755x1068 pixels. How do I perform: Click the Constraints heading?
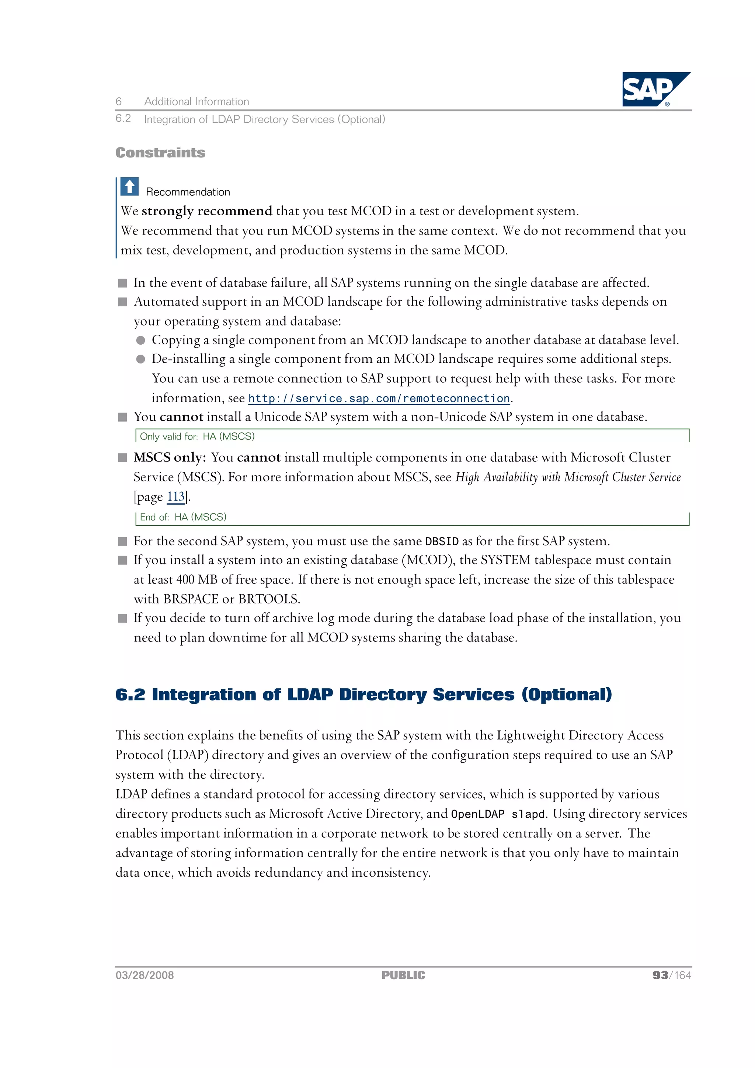point(160,153)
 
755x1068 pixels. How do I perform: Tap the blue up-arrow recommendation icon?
point(129,187)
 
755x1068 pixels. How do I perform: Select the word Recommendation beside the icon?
point(188,192)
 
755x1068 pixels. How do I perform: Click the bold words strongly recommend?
point(206,211)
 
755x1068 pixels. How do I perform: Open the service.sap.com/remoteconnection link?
point(379,399)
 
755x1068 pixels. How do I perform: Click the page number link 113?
point(176,497)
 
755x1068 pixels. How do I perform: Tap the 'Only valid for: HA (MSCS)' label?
point(197,436)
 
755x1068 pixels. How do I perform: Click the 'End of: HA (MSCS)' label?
point(183,517)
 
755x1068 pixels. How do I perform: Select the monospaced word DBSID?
point(442,542)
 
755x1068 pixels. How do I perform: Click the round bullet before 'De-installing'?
point(140,359)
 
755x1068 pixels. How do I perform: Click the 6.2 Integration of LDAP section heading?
point(363,694)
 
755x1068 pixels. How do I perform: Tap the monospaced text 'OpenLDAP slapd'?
point(497,814)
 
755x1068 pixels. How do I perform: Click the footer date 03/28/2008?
point(145,975)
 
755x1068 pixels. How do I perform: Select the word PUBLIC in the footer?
point(403,975)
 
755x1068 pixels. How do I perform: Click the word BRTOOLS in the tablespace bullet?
point(268,599)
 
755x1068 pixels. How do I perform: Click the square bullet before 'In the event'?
point(122,283)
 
